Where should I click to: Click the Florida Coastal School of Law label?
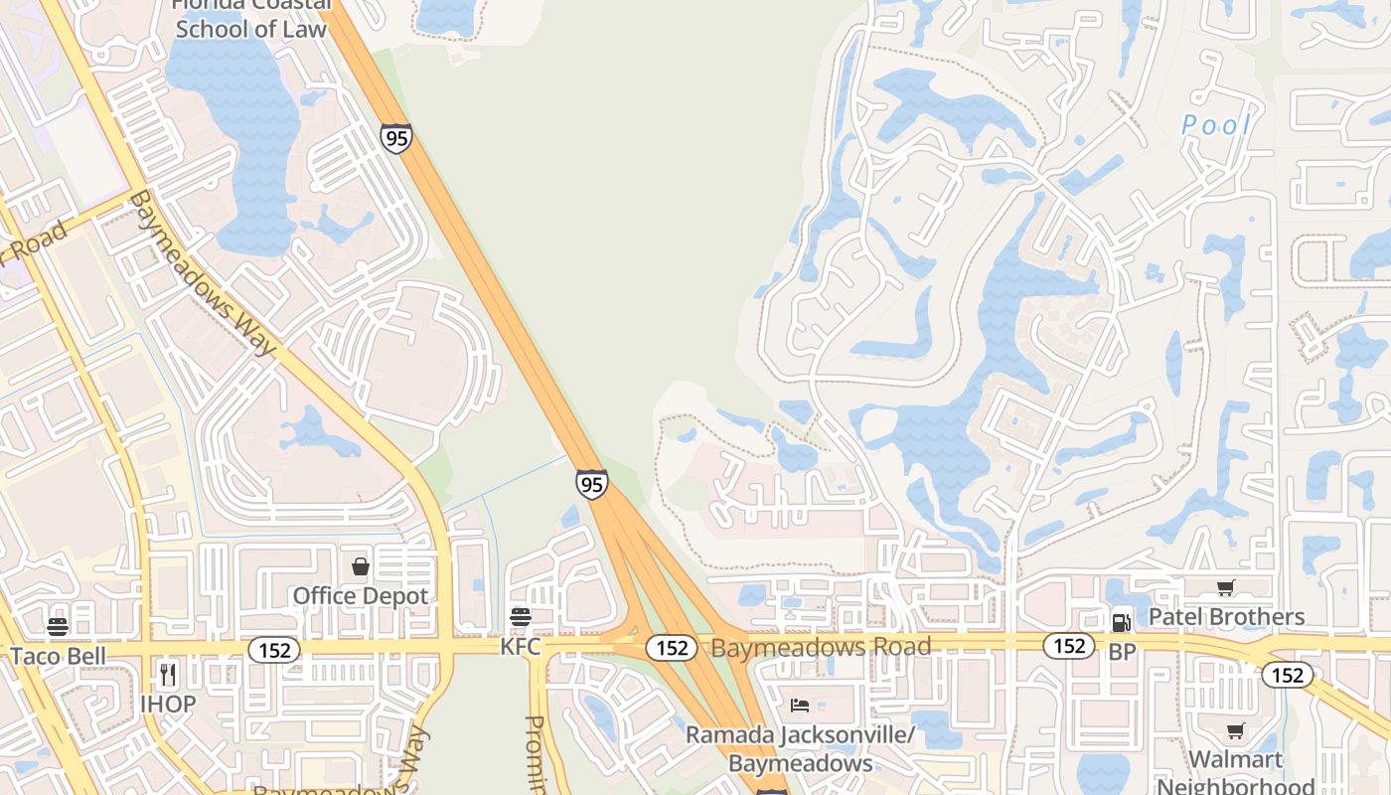[250, 20]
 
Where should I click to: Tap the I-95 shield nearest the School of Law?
[396, 137]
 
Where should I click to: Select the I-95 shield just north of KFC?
[591, 484]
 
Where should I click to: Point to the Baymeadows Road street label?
[821, 647]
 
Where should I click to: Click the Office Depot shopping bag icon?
[361, 566]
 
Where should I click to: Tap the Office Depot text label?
[361, 596]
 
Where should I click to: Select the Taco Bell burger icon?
[58, 626]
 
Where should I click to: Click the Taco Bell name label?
[58, 656]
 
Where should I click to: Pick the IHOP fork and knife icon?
[167, 675]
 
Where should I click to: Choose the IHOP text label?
[168, 704]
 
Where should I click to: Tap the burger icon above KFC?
[520, 617]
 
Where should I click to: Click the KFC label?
[520, 647]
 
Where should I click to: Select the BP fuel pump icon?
[1121, 622]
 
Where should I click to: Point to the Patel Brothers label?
[1226, 617]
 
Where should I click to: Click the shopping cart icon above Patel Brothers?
[1225, 588]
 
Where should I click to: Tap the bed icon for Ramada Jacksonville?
[800, 706]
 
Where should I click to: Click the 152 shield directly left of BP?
[1069, 646]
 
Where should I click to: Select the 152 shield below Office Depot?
[273, 650]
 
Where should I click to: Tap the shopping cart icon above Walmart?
[1235, 731]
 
